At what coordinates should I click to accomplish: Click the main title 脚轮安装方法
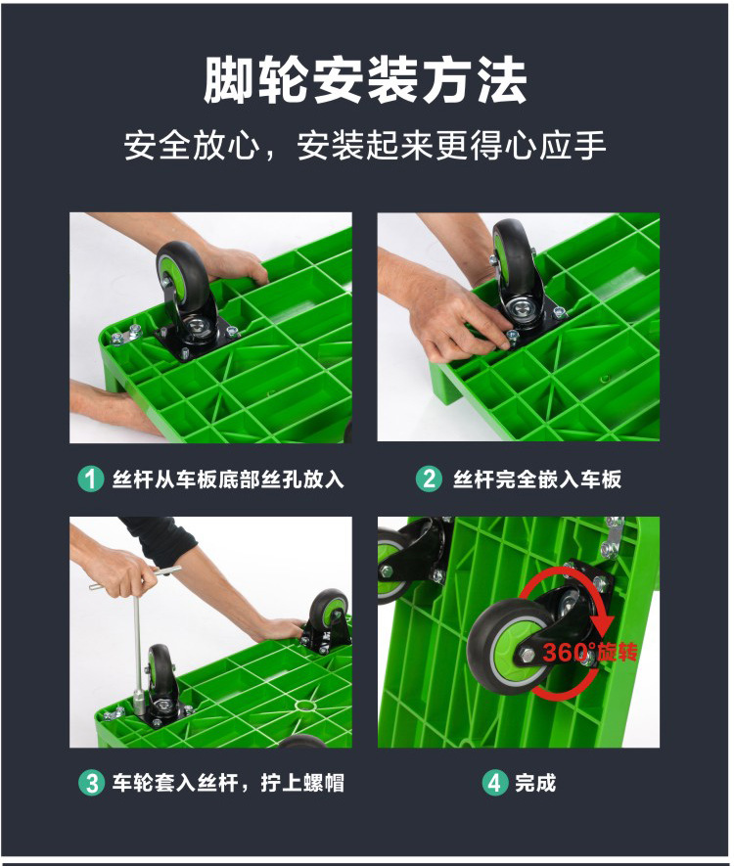[365, 81]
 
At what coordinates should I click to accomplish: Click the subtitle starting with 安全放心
[365, 146]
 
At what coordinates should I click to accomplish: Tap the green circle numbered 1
[91, 479]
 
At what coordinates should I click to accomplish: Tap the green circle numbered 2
[428, 479]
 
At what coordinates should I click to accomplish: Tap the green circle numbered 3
[91, 783]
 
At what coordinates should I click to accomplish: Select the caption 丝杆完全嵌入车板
[537, 479]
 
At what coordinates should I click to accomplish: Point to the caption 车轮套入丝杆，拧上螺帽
[228, 783]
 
